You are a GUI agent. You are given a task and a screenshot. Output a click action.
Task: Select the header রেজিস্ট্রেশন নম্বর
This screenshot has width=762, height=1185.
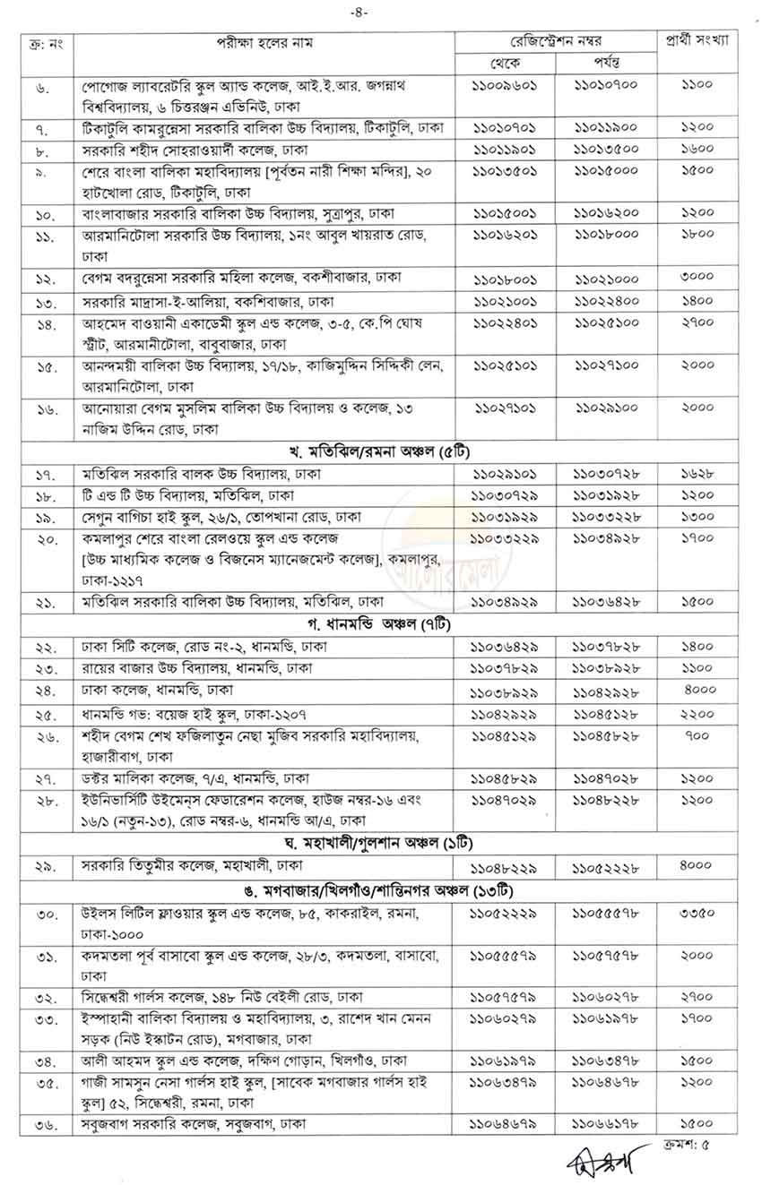556,41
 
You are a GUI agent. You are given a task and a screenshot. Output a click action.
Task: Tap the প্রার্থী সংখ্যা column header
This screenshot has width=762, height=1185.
697,41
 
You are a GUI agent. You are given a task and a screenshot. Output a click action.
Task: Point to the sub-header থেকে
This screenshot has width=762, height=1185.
505,62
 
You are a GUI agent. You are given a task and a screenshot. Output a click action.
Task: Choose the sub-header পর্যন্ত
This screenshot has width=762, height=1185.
606,62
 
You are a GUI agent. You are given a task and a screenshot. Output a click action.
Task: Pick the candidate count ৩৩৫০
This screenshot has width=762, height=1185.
696,913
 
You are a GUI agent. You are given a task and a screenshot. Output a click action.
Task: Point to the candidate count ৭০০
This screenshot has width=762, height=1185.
696,735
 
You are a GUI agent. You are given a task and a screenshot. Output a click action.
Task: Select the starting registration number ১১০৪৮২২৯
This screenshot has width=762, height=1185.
505,866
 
